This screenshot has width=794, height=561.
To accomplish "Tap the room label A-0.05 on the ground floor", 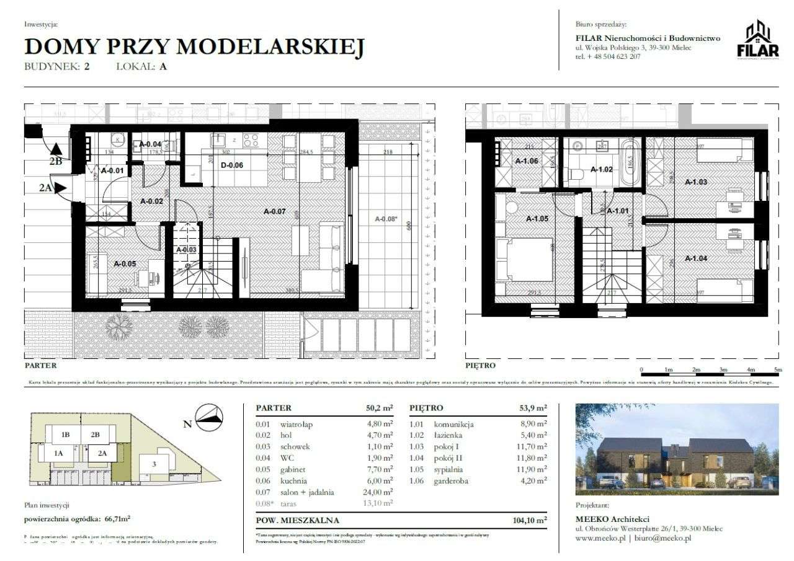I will [126, 263].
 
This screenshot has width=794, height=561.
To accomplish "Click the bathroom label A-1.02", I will [601, 169].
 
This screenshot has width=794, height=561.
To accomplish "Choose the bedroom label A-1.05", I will [538, 218].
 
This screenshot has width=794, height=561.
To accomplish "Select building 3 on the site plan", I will [153, 464].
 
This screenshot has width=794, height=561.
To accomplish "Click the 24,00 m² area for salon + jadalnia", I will [378, 492].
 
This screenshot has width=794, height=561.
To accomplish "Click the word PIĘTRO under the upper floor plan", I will [481, 366].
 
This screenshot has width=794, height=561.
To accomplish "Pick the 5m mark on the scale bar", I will [778, 370].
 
